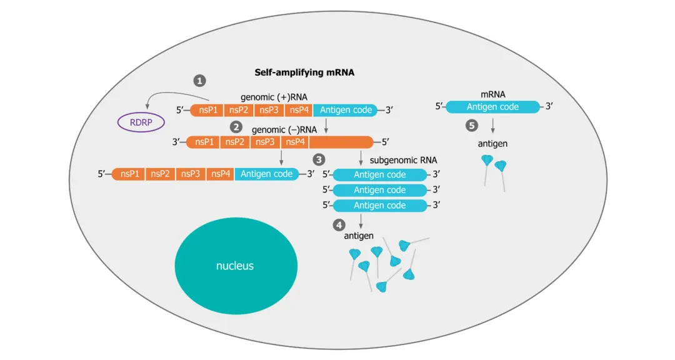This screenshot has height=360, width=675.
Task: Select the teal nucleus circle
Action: [x=236, y=266]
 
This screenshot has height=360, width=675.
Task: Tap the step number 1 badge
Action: [x=199, y=81]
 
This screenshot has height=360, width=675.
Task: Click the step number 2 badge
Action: [x=236, y=127]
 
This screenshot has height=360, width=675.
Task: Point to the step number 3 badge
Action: [x=319, y=160]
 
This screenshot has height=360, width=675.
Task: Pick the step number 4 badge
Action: [x=339, y=225]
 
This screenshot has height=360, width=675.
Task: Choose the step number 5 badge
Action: [x=472, y=126]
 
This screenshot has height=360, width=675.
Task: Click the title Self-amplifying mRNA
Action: [x=304, y=72]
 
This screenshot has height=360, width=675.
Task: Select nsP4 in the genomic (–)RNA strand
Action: [x=295, y=142]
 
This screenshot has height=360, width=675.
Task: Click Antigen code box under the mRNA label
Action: [x=492, y=107]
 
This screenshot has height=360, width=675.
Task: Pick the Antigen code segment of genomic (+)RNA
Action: [x=345, y=110]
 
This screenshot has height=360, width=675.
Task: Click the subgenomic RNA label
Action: [x=403, y=160]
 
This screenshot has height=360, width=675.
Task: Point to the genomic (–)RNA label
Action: [x=284, y=129]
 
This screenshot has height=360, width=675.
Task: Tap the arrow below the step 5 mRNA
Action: [x=492, y=125]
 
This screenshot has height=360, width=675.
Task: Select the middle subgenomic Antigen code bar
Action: [x=380, y=190]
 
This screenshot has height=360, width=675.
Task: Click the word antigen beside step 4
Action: [x=359, y=236]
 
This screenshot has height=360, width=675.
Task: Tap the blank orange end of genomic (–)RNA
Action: [x=341, y=142]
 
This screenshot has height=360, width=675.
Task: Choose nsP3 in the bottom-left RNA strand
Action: [x=190, y=174]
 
